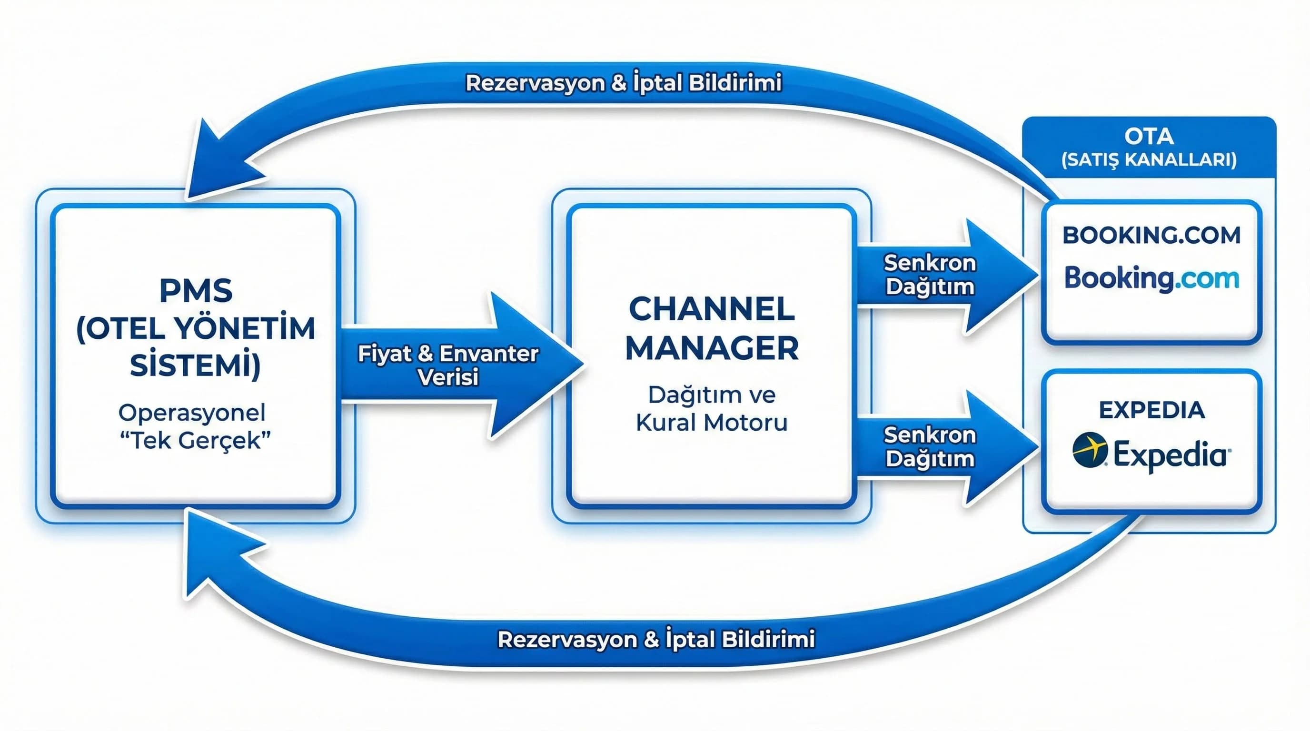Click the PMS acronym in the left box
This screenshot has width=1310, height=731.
click(x=196, y=291)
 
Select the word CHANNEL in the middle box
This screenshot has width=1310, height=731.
click(x=712, y=309)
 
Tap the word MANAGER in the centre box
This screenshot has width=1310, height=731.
click(x=712, y=349)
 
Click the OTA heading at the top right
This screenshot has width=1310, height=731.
click(x=1149, y=136)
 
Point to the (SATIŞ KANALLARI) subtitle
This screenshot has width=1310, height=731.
click(x=1149, y=159)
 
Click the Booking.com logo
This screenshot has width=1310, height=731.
click(x=1151, y=278)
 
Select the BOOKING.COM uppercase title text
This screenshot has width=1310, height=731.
click(x=1151, y=236)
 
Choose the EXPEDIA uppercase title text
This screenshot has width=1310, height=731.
click(x=1151, y=410)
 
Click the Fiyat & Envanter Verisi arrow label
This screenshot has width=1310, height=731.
click(x=447, y=365)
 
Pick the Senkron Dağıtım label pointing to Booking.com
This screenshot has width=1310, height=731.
click(x=930, y=275)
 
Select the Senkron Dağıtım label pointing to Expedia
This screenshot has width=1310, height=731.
click(x=930, y=447)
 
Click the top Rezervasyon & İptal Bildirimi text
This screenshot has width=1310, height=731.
click(x=624, y=83)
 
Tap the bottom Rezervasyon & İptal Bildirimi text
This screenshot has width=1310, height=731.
click(x=656, y=639)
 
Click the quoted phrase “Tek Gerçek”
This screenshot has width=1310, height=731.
click(x=195, y=440)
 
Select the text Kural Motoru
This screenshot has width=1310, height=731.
click(x=712, y=423)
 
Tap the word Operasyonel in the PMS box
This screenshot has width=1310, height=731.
click(x=192, y=413)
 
